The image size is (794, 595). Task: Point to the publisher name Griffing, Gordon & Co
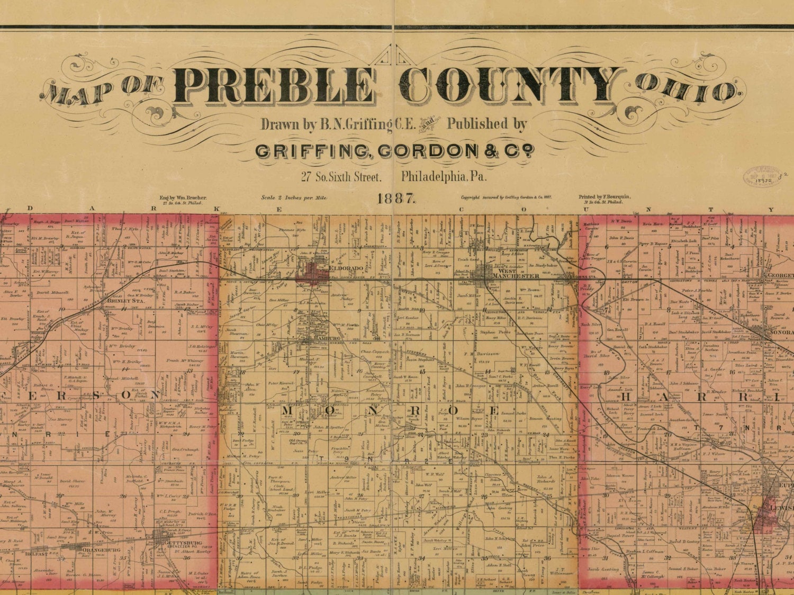395,151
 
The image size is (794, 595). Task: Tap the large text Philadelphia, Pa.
444,177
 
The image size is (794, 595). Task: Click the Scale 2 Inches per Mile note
294,198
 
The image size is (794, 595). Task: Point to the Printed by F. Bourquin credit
604,196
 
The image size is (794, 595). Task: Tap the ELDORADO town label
346,269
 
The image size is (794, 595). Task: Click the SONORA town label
781,332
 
